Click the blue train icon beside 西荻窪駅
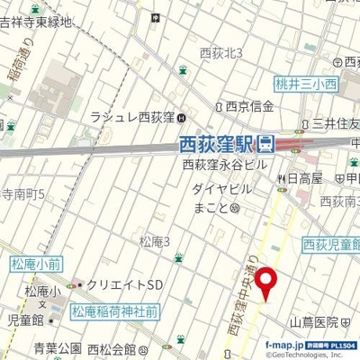tap(267, 143)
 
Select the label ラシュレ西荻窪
tap(131, 116)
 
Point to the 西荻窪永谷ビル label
tap(226, 165)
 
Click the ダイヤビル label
tap(217, 190)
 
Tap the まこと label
tap(208, 207)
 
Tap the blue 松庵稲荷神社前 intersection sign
tap(116, 312)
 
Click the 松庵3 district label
tap(155, 240)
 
